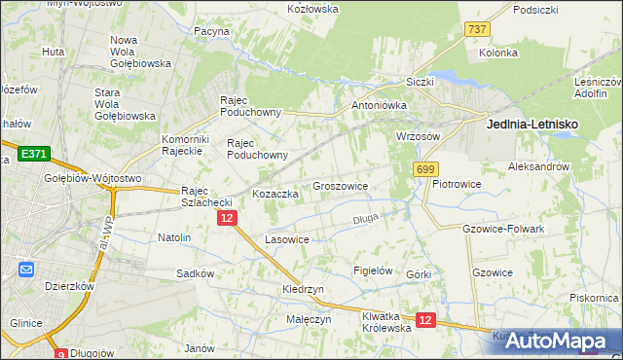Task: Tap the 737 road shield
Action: click(x=476, y=30)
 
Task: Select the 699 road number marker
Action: click(x=424, y=169)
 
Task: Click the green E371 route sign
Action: click(x=33, y=154)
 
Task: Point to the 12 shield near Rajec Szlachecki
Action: click(x=226, y=219)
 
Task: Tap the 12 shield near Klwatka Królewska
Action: click(x=424, y=318)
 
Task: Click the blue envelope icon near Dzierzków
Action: click(x=25, y=270)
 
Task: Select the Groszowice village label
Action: click(x=340, y=185)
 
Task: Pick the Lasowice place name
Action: click(x=287, y=239)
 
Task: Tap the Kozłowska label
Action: click(x=312, y=9)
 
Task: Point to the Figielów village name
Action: click(x=373, y=270)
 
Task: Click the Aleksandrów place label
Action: click(x=538, y=167)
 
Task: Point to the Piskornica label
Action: click(x=595, y=298)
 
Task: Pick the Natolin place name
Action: click(x=174, y=237)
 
